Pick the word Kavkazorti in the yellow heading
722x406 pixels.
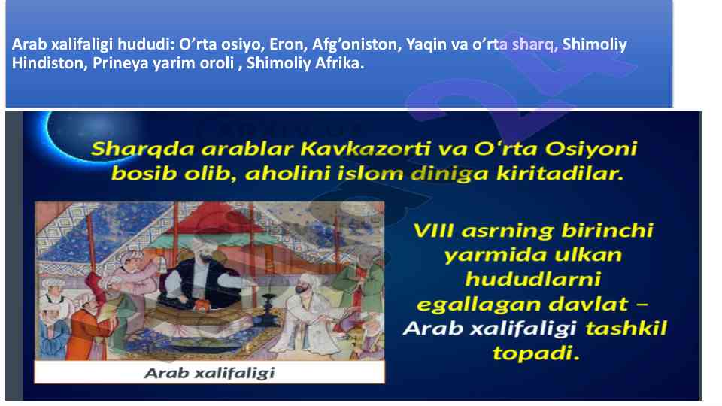(366, 149)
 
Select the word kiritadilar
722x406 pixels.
(560, 174)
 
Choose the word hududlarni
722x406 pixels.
(533, 280)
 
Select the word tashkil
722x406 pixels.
(626, 329)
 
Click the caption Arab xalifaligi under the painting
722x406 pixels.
(210, 373)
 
